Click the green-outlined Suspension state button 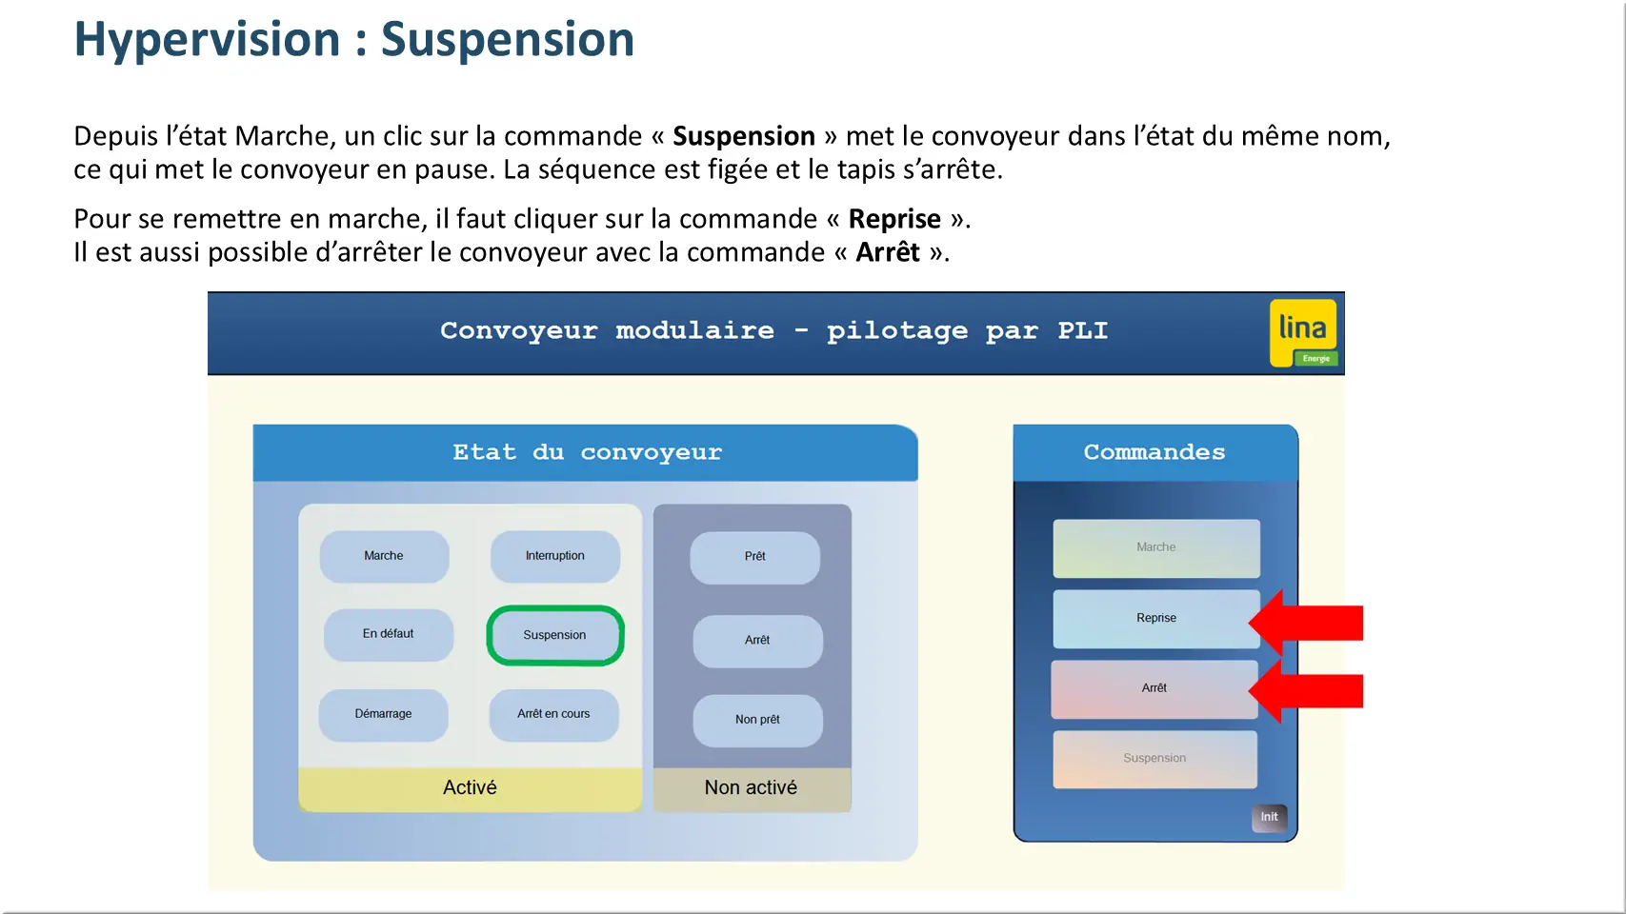(x=554, y=635)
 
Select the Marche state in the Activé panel (x=384, y=556)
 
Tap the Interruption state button (x=554, y=556)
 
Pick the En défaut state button (x=388, y=634)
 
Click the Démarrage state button (x=383, y=714)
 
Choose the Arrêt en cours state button (x=553, y=714)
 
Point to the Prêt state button (x=754, y=557)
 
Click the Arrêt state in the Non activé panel (x=757, y=641)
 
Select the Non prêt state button (x=757, y=720)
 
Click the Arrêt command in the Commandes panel (x=1154, y=688)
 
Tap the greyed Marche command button (x=1155, y=547)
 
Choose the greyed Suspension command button (x=1154, y=759)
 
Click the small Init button (x=1269, y=817)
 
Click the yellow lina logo (x=1303, y=332)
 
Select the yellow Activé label (x=470, y=788)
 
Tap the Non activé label (x=751, y=788)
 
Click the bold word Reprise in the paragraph (x=894, y=219)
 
